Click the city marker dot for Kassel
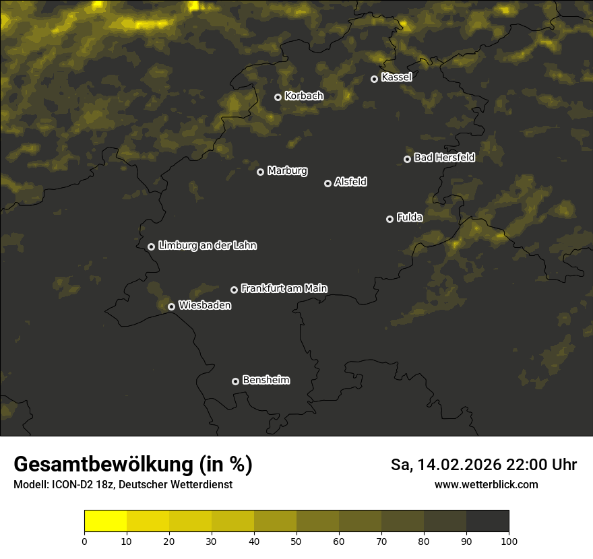[374, 79]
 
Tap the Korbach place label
[304, 96]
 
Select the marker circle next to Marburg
[260, 172]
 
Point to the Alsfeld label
[350, 182]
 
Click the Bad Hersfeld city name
[444, 158]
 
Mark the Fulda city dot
[389, 219]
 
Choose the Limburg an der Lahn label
[207, 246]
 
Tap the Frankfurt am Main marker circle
[234, 290]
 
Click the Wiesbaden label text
[205, 306]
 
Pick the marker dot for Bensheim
[235, 381]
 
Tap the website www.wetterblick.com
[486, 485]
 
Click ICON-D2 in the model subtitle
[73, 485]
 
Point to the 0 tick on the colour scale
[84, 541]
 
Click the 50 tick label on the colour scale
[296, 541]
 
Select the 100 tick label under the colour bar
[509, 541]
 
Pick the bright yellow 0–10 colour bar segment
[105, 521]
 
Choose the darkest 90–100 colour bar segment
[487, 521]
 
